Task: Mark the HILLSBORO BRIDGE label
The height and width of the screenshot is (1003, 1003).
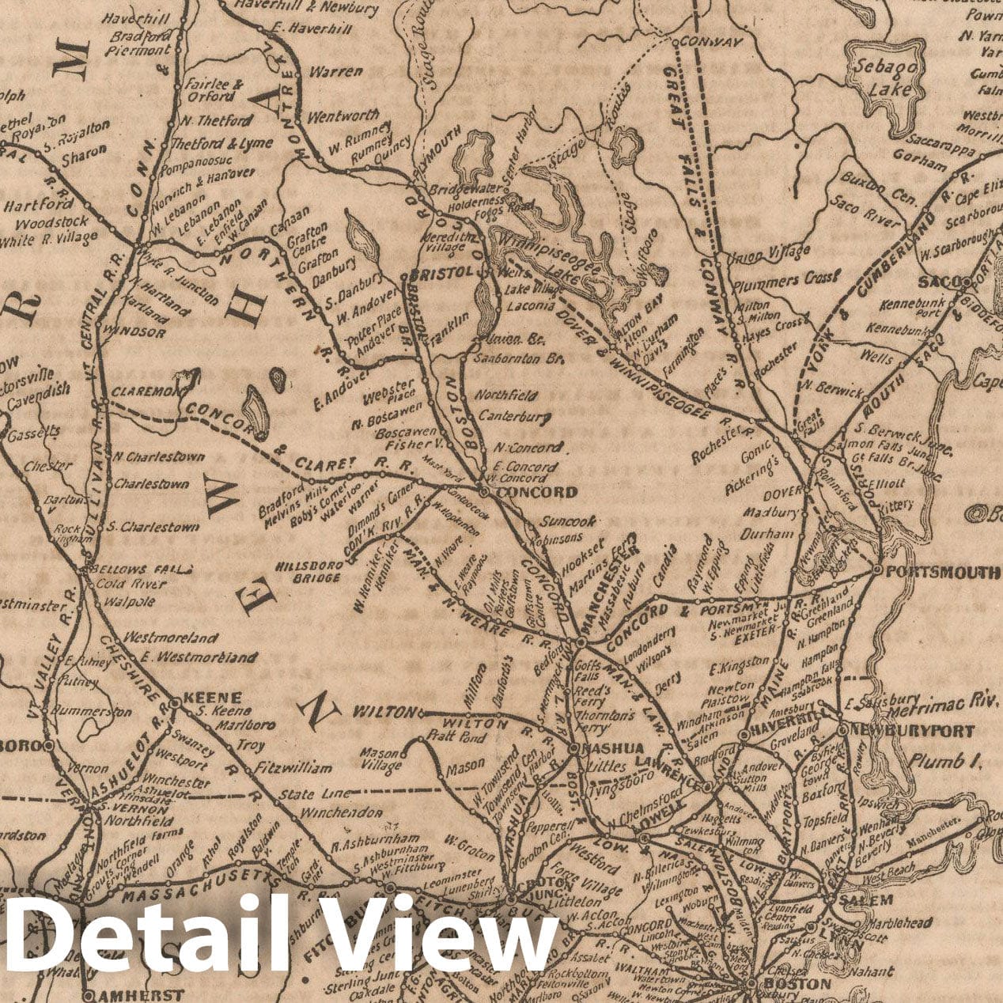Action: click(x=309, y=571)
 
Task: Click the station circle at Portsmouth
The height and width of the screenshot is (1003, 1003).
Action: click(x=877, y=570)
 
